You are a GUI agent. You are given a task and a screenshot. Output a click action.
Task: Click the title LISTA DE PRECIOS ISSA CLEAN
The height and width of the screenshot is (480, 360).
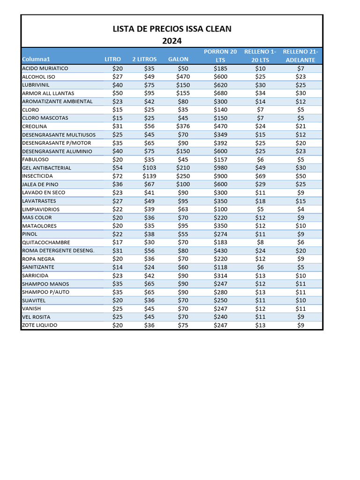(x=172, y=29)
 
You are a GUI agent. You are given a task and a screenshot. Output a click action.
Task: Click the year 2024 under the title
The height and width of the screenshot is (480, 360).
(x=172, y=41)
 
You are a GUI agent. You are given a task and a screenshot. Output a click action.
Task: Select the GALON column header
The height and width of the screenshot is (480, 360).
(x=178, y=60)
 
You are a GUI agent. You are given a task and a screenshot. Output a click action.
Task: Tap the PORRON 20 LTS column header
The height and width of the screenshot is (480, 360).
(x=220, y=56)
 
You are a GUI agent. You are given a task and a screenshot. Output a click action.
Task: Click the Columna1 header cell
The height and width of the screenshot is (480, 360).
(x=36, y=60)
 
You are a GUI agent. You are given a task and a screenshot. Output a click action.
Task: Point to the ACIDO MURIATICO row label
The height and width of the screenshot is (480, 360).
(x=45, y=68)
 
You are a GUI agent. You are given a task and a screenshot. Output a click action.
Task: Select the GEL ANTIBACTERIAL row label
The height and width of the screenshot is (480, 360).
(x=46, y=168)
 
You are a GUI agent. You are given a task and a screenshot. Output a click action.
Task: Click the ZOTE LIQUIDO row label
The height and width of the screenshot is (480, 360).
(x=39, y=325)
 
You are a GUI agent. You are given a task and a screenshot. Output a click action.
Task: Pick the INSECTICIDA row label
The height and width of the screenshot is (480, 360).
(x=37, y=176)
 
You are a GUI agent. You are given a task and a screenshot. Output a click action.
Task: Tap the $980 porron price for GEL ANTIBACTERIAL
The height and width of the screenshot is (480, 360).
(x=220, y=168)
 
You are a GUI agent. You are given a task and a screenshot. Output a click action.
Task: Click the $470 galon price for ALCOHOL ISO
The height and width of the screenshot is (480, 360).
(x=183, y=77)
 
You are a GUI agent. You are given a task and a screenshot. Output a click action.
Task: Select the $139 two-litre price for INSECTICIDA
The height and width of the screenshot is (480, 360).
(x=150, y=176)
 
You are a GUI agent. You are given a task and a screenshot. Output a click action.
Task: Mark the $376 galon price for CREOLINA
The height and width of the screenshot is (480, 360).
(x=183, y=127)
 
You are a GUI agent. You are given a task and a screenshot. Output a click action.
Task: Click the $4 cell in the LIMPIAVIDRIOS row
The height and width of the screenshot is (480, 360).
(x=300, y=210)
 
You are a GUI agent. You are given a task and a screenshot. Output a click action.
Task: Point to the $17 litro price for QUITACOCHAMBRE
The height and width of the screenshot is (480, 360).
(x=117, y=242)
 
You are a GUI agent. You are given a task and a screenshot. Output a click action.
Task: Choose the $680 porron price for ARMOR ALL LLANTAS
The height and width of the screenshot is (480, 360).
(x=220, y=93)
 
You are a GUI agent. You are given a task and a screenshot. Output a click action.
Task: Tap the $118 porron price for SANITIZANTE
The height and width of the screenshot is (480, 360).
(x=220, y=267)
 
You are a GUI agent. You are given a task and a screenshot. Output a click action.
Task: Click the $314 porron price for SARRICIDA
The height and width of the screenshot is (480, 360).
(x=220, y=276)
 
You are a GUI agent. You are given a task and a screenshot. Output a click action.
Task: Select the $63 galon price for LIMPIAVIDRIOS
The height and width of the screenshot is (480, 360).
(x=183, y=210)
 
